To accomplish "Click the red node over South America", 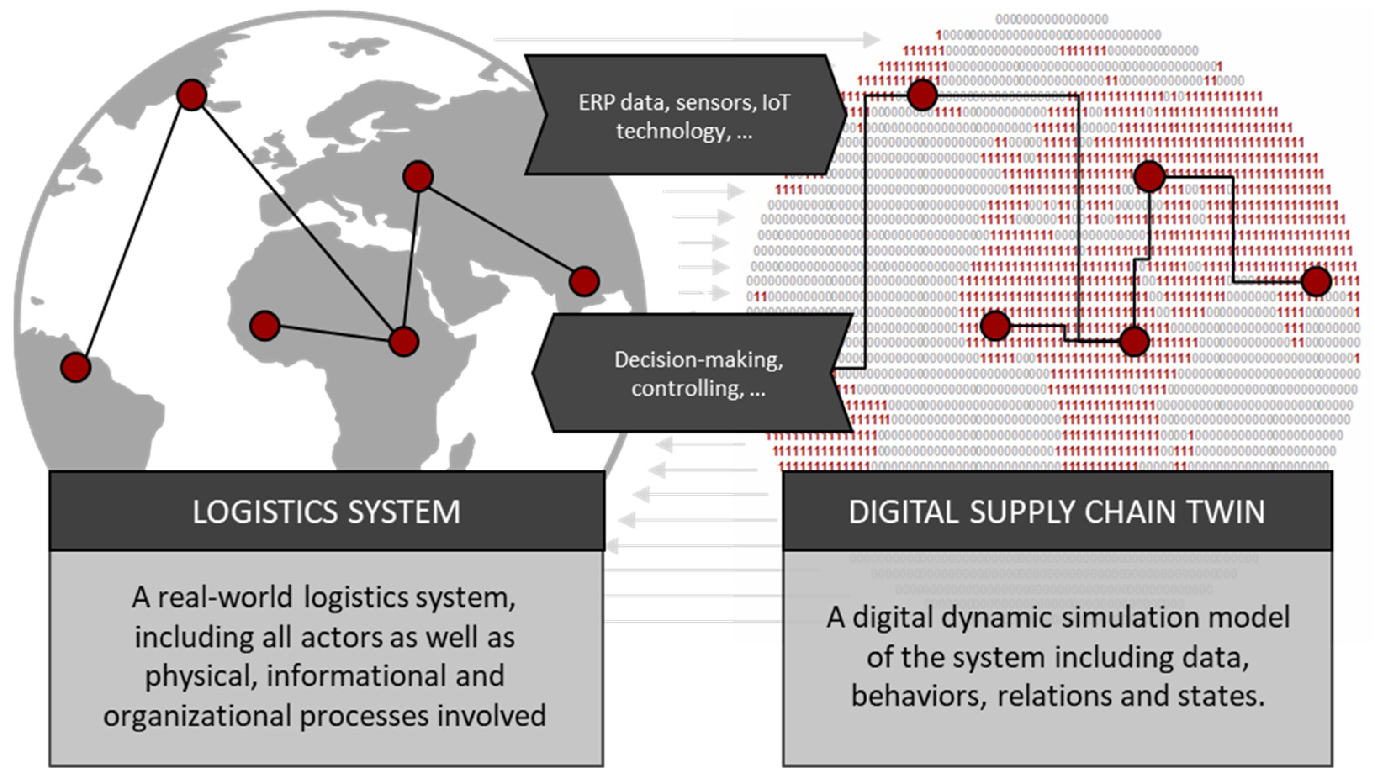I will [x=75, y=367].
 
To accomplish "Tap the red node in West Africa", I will [x=264, y=326].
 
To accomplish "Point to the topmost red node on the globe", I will [x=191, y=95].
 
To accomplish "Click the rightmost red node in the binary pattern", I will [x=1316, y=282].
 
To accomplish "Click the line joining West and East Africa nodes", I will [x=334, y=333].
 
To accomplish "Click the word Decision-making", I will [x=698, y=360].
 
